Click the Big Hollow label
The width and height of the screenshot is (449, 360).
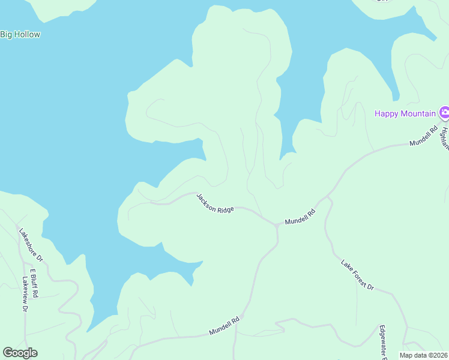[20, 34]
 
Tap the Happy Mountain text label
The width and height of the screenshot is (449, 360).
[406, 113]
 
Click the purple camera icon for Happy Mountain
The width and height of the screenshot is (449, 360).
[444, 112]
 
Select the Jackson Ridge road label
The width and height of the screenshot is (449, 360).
[215, 203]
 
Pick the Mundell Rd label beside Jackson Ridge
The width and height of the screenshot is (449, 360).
[300, 217]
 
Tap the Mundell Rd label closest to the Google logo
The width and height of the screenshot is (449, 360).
[224, 326]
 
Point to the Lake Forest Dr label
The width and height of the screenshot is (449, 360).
[357, 275]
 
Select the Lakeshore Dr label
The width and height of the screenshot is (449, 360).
[31, 245]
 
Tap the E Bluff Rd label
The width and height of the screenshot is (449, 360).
[34, 283]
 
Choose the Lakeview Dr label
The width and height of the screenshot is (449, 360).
[25, 293]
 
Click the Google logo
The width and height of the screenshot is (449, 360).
[20, 353]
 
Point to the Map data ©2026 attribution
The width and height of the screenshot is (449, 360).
[423, 355]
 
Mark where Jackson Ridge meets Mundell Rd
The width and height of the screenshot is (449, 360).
[276, 225]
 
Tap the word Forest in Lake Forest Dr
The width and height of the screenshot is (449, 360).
[358, 275]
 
